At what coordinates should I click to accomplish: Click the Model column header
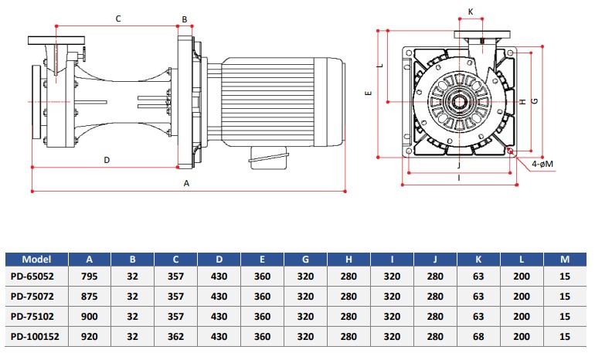click(36, 260)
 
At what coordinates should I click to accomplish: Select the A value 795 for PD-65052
click(89, 277)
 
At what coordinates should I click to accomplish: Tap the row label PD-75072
click(32, 297)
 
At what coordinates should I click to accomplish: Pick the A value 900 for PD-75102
click(89, 317)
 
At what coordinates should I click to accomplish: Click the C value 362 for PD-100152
click(175, 337)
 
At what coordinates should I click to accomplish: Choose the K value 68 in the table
click(478, 337)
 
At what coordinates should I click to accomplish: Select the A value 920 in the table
click(89, 337)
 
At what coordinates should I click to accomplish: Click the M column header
click(565, 260)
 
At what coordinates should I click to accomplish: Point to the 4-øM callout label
click(542, 165)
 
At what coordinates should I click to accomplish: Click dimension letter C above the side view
click(118, 19)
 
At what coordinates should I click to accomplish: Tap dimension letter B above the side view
click(185, 19)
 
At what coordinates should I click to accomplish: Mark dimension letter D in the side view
click(107, 160)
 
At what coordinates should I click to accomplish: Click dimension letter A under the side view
click(186, 184)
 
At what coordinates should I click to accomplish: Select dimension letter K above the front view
click(471, 12)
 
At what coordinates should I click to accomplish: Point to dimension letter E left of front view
click(369, 93)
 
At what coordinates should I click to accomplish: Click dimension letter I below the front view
click(459, 178)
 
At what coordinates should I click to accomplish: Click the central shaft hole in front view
click(460, 102)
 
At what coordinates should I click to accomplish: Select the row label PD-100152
click(35, 337)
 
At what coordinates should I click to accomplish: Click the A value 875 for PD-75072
click(89, 297)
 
